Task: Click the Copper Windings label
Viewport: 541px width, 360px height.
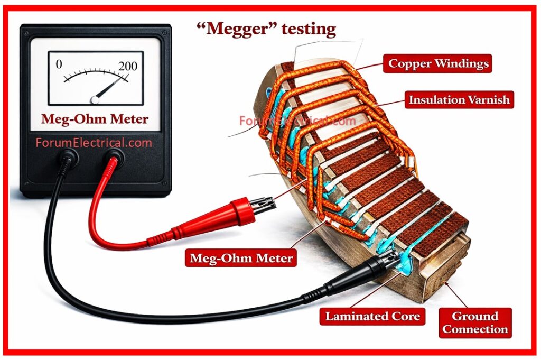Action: pyautogui.click(x=439, y=63)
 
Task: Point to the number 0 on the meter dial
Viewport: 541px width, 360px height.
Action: pyautogui.click(x=59, y=64)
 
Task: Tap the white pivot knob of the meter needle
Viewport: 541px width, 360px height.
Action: pyautogui.click(x=95, y=99)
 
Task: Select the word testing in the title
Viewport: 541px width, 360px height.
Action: pyautogui.click(x=308, y=29)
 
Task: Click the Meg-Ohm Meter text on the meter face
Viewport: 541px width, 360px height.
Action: pyautogui.click(x=95, y=119)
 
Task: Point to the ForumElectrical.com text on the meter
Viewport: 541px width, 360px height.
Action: pyautogui.click(x=94, y=142)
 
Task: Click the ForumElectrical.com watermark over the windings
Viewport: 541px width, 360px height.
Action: pyautogui.click(x=297, y=121)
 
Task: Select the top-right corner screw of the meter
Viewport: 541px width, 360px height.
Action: pyautogui.click(x=165, y=30)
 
